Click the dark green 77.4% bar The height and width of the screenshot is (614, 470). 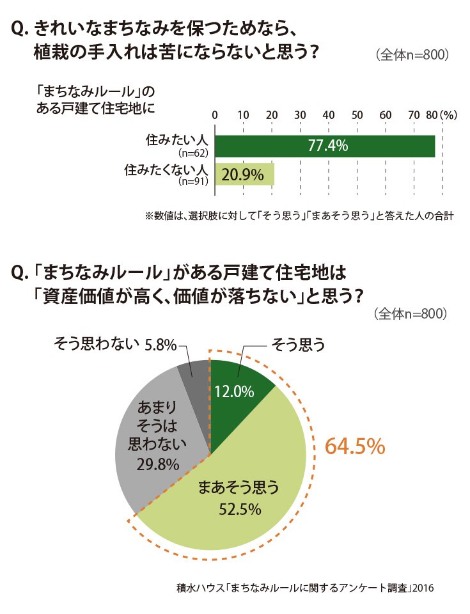coord(325,146)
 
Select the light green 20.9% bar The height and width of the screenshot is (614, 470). coord(245,174)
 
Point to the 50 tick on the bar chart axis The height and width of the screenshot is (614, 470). coord(357,115)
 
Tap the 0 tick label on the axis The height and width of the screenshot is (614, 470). coord(215,115)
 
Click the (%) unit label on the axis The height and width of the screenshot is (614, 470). coord(448,115)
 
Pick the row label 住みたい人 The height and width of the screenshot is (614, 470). coord(176,140)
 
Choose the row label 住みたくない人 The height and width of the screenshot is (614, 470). coord(166,169)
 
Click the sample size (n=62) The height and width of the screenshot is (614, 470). coord(193,153)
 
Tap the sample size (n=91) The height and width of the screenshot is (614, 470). coord(193,181)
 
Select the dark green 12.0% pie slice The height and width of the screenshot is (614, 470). coord(235,395)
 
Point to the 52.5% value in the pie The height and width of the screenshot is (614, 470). coord(240,509)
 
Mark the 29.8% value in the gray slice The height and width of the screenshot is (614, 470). coord(158,464)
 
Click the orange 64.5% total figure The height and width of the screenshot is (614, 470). coord(356,446)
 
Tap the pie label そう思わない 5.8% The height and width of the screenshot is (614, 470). coord(115,344)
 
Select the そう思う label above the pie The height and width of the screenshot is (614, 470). coord(298,345)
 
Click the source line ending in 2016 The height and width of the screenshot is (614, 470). coord(305,588)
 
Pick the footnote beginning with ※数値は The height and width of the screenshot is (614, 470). coord(300,216)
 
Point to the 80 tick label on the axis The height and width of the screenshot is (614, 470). coord(432,115)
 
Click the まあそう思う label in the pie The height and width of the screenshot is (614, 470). coord(239,487)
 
